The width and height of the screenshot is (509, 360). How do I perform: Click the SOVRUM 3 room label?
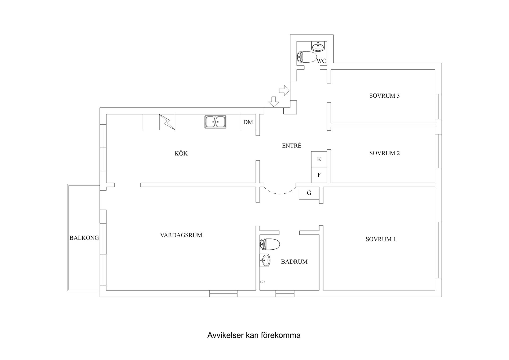384,96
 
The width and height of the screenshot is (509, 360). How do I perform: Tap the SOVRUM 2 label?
384,153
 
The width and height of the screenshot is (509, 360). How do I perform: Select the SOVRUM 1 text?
380,239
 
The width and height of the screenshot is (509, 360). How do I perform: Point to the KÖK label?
181,154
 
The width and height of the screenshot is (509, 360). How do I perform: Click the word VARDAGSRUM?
181,235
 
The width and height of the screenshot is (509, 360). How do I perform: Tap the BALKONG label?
84,238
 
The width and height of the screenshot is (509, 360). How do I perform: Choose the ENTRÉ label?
292,146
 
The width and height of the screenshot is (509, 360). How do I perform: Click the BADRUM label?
294,262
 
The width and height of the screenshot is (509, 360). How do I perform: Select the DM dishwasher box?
248,122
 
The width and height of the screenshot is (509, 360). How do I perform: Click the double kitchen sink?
215,122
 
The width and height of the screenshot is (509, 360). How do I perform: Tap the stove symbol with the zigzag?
167,122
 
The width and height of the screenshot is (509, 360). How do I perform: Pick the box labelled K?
319,159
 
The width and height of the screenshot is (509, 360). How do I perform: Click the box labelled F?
319,175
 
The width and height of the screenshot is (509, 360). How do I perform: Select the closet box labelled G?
309,193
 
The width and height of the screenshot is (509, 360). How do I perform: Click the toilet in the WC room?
307,57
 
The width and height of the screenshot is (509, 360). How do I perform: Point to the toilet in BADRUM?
270,244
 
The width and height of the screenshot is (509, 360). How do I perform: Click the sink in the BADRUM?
265,260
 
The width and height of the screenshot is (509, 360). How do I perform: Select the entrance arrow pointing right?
284,91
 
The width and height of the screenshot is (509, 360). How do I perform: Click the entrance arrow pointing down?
274,102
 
